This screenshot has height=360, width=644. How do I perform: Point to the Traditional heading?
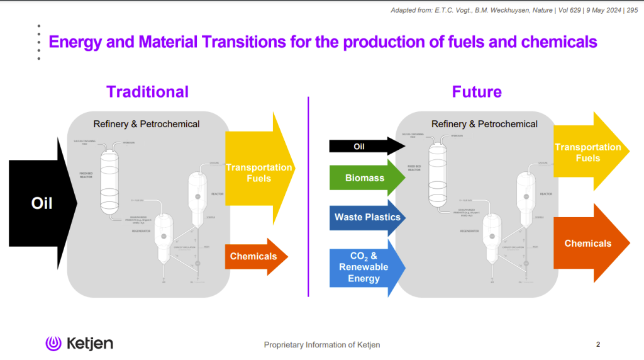coord(147,92)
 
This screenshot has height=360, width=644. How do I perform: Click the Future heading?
coord(477,92)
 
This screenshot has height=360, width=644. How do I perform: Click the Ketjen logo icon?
coord(53,344)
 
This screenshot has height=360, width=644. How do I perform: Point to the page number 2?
coord(598,344)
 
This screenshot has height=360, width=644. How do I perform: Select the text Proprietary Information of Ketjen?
coord(322,345)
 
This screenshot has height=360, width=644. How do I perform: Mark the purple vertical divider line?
coord(308,196)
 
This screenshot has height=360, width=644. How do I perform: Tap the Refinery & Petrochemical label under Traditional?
coord(147,124)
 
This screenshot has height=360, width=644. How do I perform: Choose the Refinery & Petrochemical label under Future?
coord(484,124)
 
